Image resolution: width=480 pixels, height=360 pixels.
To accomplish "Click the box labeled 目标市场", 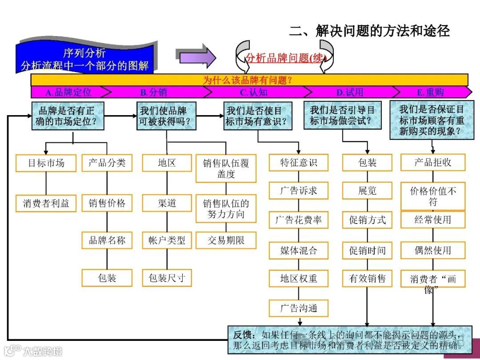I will pyautogui.click(x=46, y=163).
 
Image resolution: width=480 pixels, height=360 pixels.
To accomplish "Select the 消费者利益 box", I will pyautogui.click(x=46, y=204).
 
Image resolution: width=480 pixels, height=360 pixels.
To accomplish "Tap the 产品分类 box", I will pyautogui.click(x=107, y=163).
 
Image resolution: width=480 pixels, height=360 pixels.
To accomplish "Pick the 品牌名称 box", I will pyautogui.click(x=107, y=240).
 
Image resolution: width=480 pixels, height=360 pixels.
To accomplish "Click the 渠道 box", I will pyautogui.click(x=167, y=204).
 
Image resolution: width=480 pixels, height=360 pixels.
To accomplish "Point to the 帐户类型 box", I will pyautogui.click(x=167, y=240).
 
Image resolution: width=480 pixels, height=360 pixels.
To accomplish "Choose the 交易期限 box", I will pyautogui.click(x=226, y=240).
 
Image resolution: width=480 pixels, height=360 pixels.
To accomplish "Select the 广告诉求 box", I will pyautogui.click(x=298, y=191).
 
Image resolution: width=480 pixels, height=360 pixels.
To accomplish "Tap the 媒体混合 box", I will pyautogui.click(x=298, y=250).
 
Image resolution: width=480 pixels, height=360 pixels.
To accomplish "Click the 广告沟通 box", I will pyautogui.click(x=298, y=308).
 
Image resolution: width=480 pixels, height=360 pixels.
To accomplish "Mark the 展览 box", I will pyautogui.click(x=367, y=191).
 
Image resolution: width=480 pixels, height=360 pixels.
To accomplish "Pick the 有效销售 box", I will pyautogui.click(x=367, y=279).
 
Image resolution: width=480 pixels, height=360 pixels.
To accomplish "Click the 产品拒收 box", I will pyautogui.click(x=432, y=163).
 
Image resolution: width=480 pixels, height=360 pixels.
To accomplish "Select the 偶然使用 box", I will pyautogui.click(x=432, y=250).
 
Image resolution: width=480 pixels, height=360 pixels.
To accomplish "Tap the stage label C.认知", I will pyautogui.click(x=254, y=92).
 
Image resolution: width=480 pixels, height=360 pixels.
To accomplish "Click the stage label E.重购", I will pyautogui.click(x=430, y=92).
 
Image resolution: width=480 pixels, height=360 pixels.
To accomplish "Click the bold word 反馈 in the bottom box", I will pyautogui.click(x=244, y=335).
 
